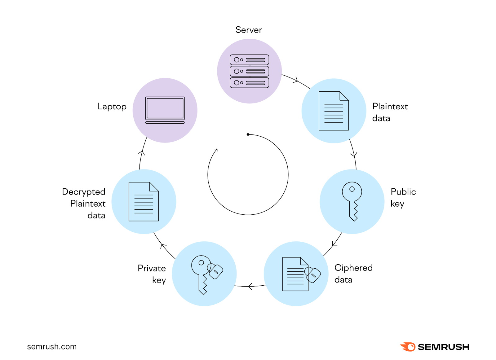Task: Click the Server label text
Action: [249, 30]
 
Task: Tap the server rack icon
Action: [249, 71]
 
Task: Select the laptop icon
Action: [165, 110]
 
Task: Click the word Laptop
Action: [112, 107]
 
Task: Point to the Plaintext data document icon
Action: [334, 111]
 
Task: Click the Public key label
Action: [403, 197]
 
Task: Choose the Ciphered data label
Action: [353, 274]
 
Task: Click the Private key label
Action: [152, 274]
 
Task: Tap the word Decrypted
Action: [84, 192]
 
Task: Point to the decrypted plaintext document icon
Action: [144, 202]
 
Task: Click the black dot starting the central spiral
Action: [248, 134]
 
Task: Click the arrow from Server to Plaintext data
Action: [296, 80]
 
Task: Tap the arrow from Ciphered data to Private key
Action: [250, 286]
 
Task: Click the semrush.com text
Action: [52, 347]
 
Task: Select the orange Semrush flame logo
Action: [408, 347]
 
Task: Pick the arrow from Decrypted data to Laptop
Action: [142, 153]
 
